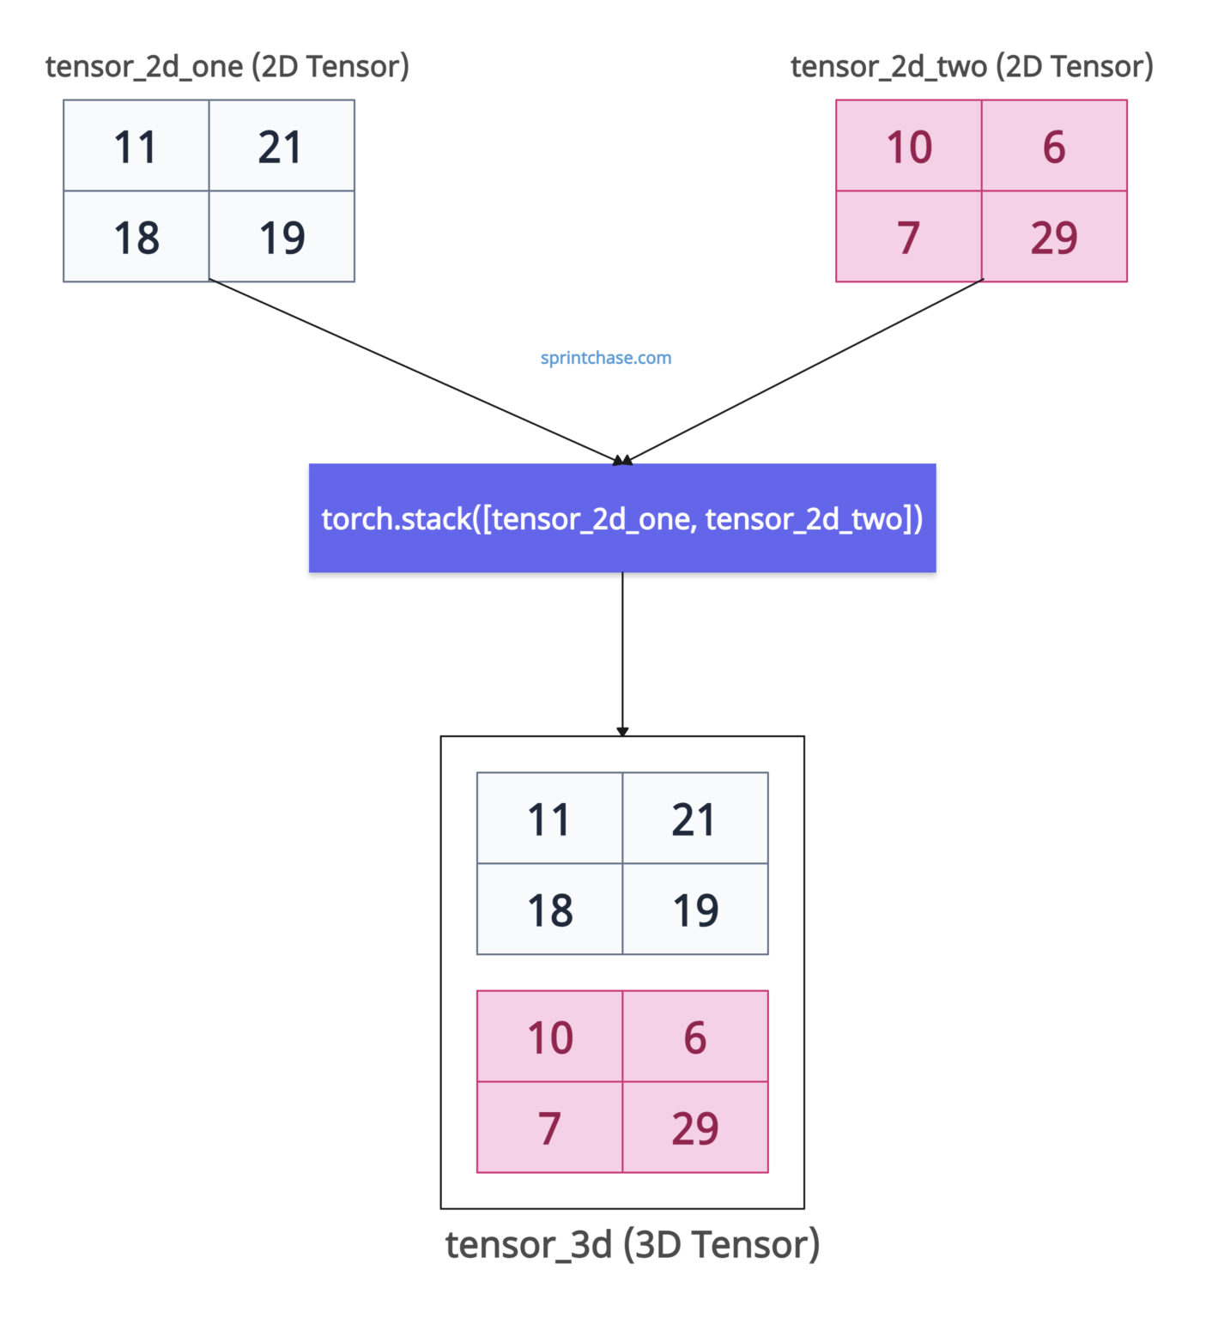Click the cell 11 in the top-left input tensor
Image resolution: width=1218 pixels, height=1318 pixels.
tap(136, 146)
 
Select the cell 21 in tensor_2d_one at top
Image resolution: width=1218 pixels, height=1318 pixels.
tap(281, 146)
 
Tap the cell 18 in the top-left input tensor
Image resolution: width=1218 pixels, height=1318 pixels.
tap(136, 237)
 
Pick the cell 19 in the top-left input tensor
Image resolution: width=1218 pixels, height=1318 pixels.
tap(281, 237)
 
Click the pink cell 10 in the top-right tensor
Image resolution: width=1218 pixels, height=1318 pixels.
tap(908, 146)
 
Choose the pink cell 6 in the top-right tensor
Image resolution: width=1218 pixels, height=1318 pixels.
tap(1054, 146)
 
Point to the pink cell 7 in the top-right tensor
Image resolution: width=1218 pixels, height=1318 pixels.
tap(908, 237)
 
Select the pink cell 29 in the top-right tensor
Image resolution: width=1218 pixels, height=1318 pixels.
tap(1054, 237)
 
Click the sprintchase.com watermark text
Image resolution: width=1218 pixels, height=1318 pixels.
tap(605, 358)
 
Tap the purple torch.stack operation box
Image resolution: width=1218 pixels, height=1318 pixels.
tap(621, 518)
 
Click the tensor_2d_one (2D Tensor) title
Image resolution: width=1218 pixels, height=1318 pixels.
tap(227, 66)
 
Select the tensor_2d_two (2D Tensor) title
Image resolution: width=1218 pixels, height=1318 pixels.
tap(972, 66)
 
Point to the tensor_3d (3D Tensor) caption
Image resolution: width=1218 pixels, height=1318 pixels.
tap(633, 1244)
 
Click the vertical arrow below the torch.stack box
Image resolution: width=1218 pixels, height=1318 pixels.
tap(622, 652)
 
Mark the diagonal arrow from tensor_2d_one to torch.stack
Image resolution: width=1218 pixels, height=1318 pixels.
tap(412, 372)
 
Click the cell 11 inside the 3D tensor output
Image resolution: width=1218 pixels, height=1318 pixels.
tap(549, 819)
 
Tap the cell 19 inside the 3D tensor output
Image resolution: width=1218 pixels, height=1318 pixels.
tap(695, 910)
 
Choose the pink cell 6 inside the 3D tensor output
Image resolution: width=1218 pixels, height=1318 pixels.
tap(695, 1037)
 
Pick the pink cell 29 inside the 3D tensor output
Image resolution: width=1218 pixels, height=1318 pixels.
tap(695, 1128)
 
